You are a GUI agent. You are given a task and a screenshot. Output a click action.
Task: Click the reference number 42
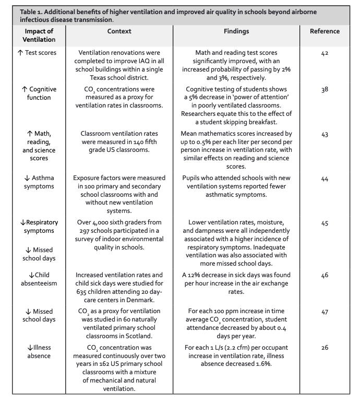click(x=325, y=53)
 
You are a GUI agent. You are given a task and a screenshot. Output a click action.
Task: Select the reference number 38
click(x=325, y=90)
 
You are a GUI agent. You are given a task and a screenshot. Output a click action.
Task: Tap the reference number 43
click(x=325, y=134)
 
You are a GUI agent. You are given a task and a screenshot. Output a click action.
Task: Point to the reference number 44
click(x=325, y=178)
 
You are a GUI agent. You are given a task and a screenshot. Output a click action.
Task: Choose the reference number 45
click(x=325, y=223)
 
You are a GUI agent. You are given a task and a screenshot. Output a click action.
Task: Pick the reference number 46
click(x=325, y=275)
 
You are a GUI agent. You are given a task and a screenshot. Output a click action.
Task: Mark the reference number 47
click(x=325, y=312)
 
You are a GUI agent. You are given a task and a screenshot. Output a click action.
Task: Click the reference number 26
click(x=325, y=348)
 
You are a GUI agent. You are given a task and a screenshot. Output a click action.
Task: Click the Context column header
click(x=119, y=31)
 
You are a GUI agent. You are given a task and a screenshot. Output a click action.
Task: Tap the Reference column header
click(x=325, y=31)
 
